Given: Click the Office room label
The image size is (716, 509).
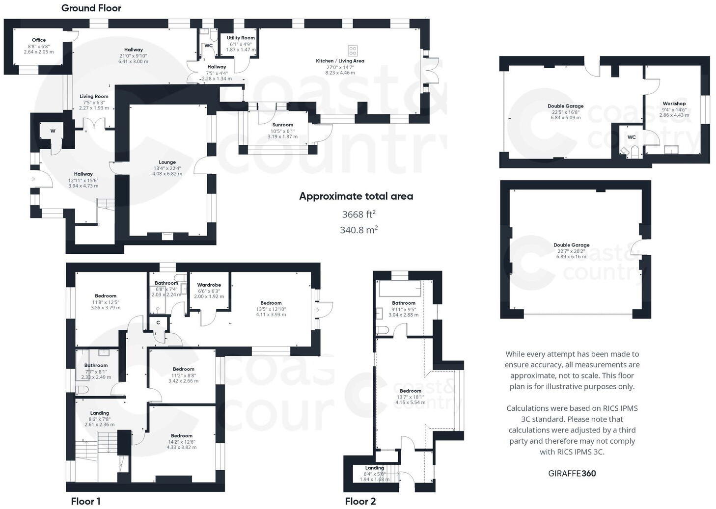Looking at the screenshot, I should point(39,40).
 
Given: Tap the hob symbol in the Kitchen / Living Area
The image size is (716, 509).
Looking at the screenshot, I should point(353,51).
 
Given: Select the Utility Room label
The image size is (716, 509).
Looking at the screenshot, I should point(241,38).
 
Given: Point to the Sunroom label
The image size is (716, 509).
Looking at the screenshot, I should point(282,125).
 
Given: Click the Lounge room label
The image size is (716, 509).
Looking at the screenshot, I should point(167,162).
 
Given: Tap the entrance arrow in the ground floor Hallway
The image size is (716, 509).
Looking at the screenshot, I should point(33,179).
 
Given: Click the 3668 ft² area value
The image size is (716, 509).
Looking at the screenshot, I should point(358,214).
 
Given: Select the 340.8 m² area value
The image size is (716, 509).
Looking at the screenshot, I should point(358,230).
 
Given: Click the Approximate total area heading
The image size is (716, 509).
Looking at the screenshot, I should point(356,196).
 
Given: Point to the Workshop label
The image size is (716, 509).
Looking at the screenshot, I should point(674,104).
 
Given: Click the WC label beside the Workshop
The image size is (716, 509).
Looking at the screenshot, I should point(632,137).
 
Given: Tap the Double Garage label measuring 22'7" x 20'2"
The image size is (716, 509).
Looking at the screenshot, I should point(571,245).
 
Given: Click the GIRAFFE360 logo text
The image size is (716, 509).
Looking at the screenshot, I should point(572,474).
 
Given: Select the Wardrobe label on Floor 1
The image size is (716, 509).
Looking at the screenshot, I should point(209,285).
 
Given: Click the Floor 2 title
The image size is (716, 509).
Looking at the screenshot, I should point(360,501).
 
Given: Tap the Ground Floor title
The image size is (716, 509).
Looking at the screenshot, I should point(91,8).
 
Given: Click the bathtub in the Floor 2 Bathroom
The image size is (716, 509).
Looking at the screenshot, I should point(398,289).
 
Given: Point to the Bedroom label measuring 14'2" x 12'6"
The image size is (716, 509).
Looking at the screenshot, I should point(181,436).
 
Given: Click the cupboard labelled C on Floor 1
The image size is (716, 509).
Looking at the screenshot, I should point(158,322).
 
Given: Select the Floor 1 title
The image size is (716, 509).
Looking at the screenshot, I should point(85,501).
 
